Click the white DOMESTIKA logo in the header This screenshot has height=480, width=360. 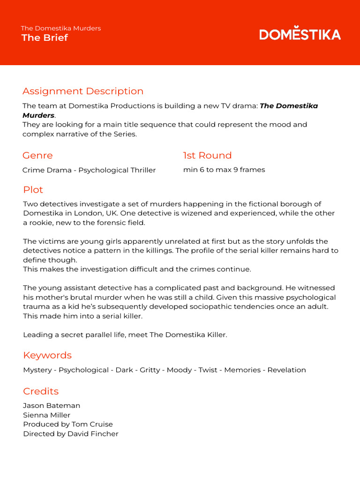tap(300, 34)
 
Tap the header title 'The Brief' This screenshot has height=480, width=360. tap(45, 38)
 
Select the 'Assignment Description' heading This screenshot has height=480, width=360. tap(83, 91)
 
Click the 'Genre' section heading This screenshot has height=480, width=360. tap(37, 155)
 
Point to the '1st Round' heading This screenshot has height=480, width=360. tap(207, 155)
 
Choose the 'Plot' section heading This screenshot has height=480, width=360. tap(33, 189)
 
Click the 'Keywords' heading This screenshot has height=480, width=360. tap(47, 355)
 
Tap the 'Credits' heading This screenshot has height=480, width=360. tap(41, 391)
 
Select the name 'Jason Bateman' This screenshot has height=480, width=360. tap(52, 405)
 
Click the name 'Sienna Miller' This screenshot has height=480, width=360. tap(46, 415)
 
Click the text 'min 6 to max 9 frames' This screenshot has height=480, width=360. tap(224, 170)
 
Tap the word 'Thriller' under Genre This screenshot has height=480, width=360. tap(140, 170)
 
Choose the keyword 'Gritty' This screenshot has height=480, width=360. tap(150, 370)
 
